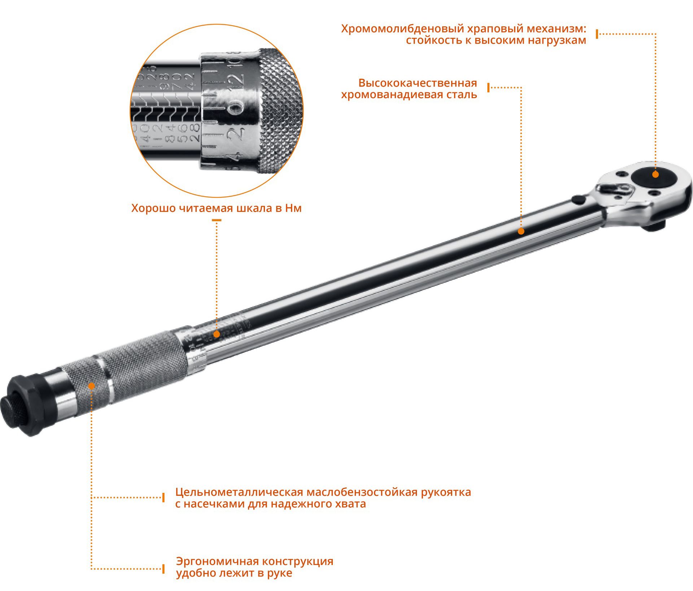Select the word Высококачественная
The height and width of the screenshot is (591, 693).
pyautogui.click(x=418, y=83)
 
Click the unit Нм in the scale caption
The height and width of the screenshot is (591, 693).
pyautogui.click(x=293, y=209)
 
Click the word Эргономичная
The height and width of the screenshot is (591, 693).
pyautogui.click(x=217, y=561)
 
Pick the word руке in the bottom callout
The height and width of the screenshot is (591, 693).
pyautogui.click(x=279, y=573)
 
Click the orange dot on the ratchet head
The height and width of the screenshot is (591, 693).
pyautogui.click(x=655, y=175)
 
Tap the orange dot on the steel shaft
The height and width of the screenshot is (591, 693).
pyautogui.click(x=521, y=231)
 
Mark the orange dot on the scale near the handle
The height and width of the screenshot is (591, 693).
pyautogui.click(x=217, y=334)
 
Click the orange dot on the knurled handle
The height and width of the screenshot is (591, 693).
pyautogui.click(x=92, y=386)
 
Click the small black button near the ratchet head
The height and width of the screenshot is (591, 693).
pyautogui.click(x=579, y=200)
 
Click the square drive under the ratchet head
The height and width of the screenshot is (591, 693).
pyautogui.click(x=654, y=226)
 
